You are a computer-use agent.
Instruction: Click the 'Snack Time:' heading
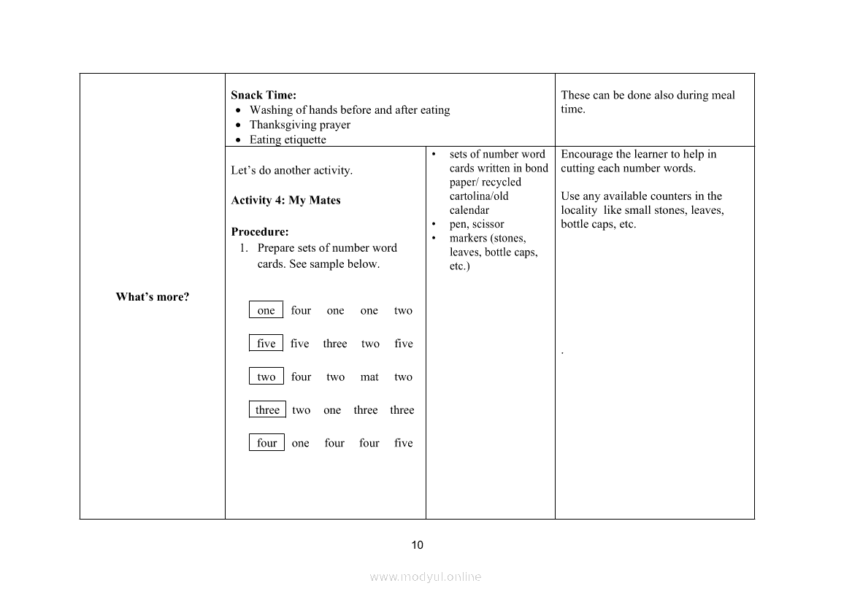[x=264, y=95]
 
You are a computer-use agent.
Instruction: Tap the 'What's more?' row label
[x=153, y=297]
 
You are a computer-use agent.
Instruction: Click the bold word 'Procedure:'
[x=260, y=232]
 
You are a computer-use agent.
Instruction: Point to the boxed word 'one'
[x=266, y=310]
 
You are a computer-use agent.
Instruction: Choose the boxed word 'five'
[x=266, y=343]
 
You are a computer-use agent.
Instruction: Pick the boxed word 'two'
[x=266, y=377]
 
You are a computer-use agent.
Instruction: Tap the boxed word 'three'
[x=267, y=409]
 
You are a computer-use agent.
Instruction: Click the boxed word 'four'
[x=266, y=442]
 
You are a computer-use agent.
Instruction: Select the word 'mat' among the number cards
[x=369, y=377]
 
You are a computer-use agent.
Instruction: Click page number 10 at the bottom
[x=417, y=544]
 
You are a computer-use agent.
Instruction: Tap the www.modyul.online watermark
[x=425, y=576]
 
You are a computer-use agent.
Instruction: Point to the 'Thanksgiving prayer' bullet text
[x=299, y=125]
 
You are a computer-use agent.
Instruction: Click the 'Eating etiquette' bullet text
[x=288, y=139]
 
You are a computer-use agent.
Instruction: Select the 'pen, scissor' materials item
[x=477, y=224]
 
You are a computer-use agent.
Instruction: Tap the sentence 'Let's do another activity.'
[x=291, y=170]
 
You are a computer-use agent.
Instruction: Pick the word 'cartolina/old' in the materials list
[x=479, y=196]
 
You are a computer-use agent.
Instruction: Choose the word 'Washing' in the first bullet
[x=269, y=110]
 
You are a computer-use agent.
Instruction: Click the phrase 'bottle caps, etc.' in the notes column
[x=598, y=224]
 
